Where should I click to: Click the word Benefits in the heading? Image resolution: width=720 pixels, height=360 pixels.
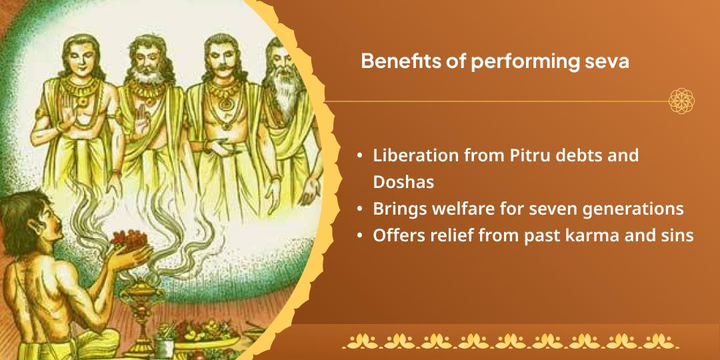(x=394, y=61)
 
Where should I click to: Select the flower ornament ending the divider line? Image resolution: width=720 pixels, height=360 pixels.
(x=682, y=101)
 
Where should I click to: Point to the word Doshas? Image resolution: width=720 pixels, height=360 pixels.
(x=404, y=181)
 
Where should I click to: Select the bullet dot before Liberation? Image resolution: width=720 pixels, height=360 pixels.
(x=360, y=156)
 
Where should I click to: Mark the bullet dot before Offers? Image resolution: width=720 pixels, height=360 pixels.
(x=360, y=236)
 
